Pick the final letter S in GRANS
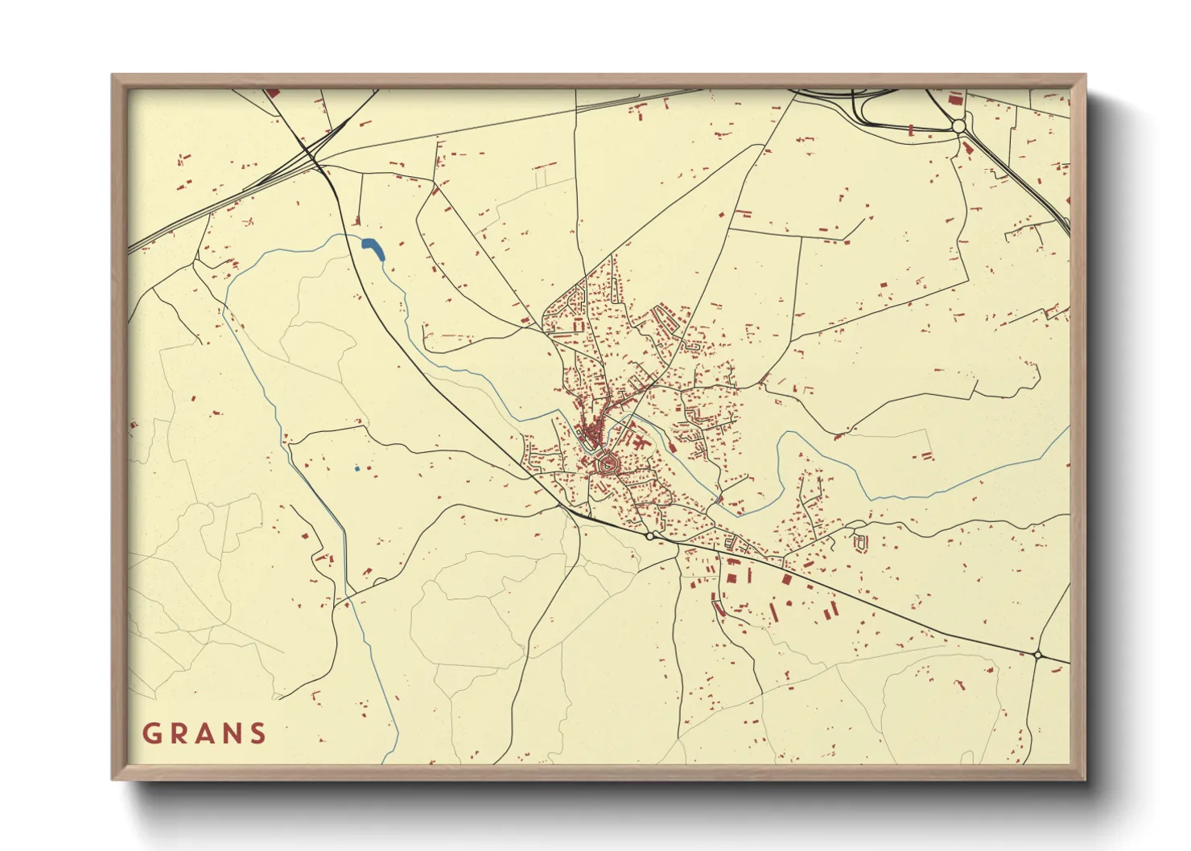[x=258, y=734]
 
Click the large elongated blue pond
[x=373, y=249]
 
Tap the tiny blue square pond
[x=356, y=468]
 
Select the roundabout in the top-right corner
[x=958, y=126]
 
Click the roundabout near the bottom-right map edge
[x=1037, y=656]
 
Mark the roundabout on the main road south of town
[x=649, y=536]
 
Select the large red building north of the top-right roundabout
[x=955, y=100]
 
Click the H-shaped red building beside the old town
[x=640, y=442]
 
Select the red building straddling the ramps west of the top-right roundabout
[x=910, y=129]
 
